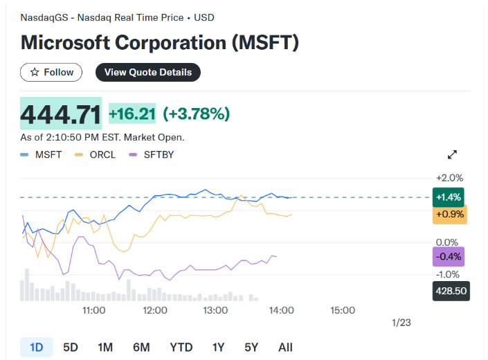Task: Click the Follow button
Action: tap(51, 72)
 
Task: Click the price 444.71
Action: tap(61, 114)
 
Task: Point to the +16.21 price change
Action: tap(132, 114)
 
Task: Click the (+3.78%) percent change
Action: tap(196, 114)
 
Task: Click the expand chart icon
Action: tap(453, 154)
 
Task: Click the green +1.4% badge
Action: tap(449, 197)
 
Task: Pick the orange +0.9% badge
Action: tap(449, 215)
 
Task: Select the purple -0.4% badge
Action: tap(449, 257)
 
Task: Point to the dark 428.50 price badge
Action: tap(451, 291)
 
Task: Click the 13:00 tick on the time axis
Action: tap(215, 310)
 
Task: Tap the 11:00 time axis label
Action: tap(93, 310)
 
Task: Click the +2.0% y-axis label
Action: tap(449, 178)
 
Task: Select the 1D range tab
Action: tap(37, 347)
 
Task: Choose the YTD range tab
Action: tap(181, 347)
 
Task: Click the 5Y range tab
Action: tap(252, 347)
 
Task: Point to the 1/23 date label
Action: tap(401, 323)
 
